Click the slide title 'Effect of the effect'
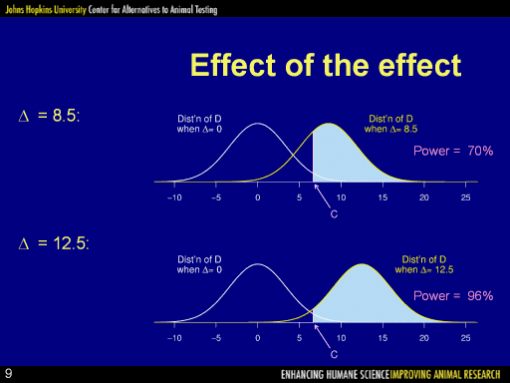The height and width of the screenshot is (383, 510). (326, 65)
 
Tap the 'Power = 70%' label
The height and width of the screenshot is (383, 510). (453, 151)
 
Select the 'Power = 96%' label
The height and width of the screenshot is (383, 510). (453, 295)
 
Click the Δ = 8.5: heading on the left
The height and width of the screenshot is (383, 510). (49, 116)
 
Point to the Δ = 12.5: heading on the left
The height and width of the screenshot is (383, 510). (54, 243)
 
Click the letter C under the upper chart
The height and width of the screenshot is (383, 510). (334, 214)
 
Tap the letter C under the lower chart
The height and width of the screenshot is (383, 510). (334, 354)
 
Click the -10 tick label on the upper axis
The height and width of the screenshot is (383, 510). (174, 197)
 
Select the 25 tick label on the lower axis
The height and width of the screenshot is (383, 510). (465, 338)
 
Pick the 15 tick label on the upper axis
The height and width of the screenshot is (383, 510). (382, 197)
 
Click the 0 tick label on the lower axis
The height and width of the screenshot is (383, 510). (258, 338)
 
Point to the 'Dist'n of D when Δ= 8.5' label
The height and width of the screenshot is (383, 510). (390, 124)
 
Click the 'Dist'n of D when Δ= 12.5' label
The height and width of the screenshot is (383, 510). (424, 264)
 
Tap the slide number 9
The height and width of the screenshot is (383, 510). (9, 373)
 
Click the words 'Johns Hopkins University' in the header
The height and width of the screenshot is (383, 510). (46, 9)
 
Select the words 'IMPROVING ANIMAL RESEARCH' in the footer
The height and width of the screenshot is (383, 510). (445, 375)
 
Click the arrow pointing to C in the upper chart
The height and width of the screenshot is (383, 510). (322, 196)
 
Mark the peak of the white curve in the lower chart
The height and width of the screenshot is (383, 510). (258, 264)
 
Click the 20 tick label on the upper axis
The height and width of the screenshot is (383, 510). (424, 197)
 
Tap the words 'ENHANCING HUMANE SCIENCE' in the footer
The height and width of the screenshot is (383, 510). (335, 375)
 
